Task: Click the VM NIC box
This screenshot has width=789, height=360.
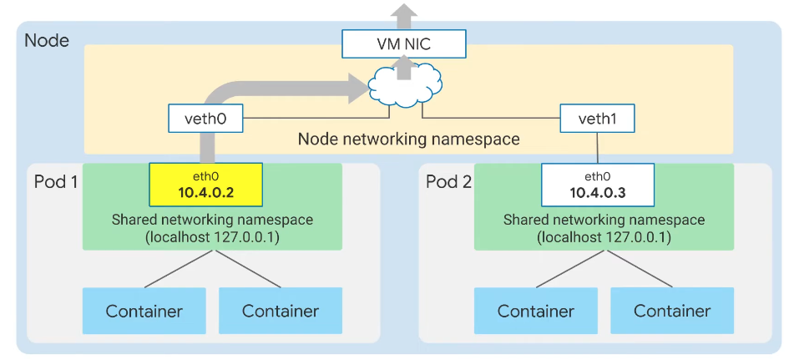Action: pyautogui.click(x=399, y=43)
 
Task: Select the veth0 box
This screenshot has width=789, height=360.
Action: pyautogui.click(x=205, y=119)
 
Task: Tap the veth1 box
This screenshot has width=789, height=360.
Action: pyautogui.click(x=597, y=119)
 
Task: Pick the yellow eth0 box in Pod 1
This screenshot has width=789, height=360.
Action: pyautogui.click(x=205, y=185)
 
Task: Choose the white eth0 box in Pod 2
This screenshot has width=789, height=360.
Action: pyautogui.click(x=597, y=185)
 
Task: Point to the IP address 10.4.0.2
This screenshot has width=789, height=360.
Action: pyautogui.click(x=205, y=193)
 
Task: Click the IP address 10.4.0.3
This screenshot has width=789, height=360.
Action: pyautogui.click(x=597, y=193)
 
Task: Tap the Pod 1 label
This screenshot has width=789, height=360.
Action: pyautogui.click(x=55, y=181)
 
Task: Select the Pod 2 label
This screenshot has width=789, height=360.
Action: pyautogui.click(x=448, y=181)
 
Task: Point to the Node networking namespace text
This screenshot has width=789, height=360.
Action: pyautogui.click(x=408, y=139)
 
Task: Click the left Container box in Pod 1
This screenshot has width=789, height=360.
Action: pyautogui.click(x=144, y=311)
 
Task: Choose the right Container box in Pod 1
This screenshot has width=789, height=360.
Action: pyautogui.click(x=281, y=311)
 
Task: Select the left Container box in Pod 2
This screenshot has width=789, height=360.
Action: pyautogui.click(x=536, y=311)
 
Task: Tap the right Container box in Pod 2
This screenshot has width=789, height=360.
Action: pyautogui.click(x=672, y=311)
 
